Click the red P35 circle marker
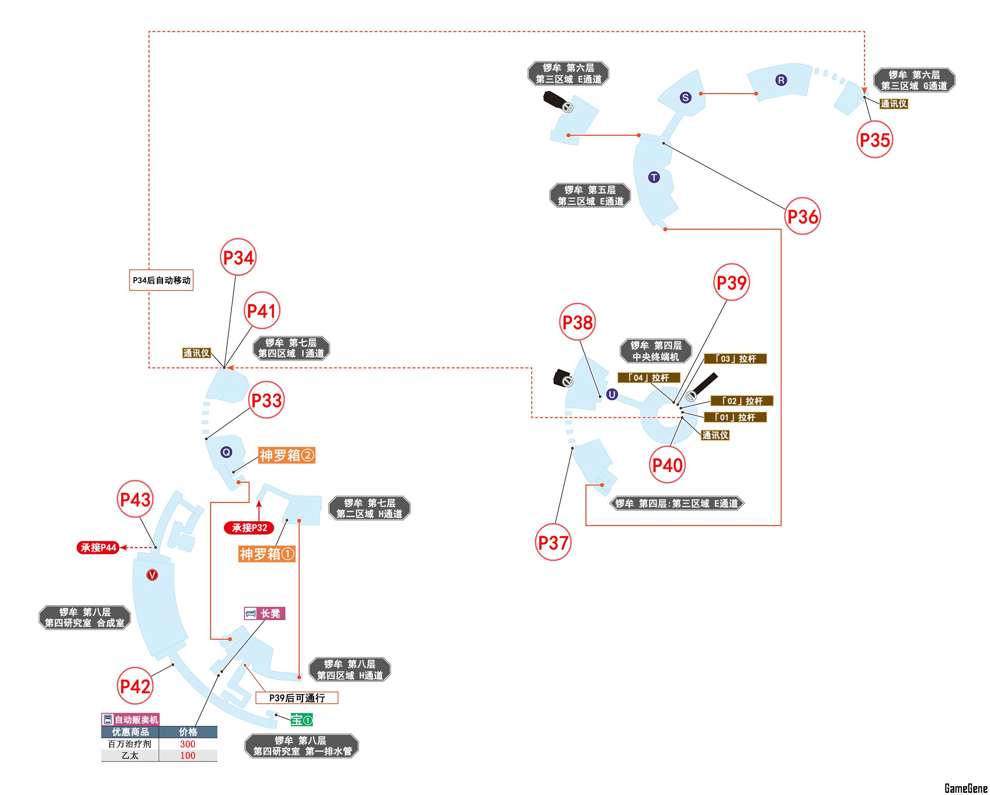pos(874,140)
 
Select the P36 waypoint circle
pos(802,216)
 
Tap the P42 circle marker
pos(134,687)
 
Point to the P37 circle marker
pos(553,542)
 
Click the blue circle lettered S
pos(685,97)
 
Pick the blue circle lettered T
pos(654,177)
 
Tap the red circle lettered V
pos(152,575)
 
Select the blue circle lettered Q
pos(226,453)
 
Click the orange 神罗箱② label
pos(286,456)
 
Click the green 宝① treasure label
pos(302,720)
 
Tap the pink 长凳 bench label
pos(264,613)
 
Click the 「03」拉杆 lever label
pos(735,359)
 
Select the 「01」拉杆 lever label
pos(735,417)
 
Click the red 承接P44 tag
pos(98,547)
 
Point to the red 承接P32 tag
pos(249,528)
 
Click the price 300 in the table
pos(187,744)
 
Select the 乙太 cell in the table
pos(130,755)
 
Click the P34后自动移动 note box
pos(161,280)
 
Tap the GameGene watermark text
pos(966,788)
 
